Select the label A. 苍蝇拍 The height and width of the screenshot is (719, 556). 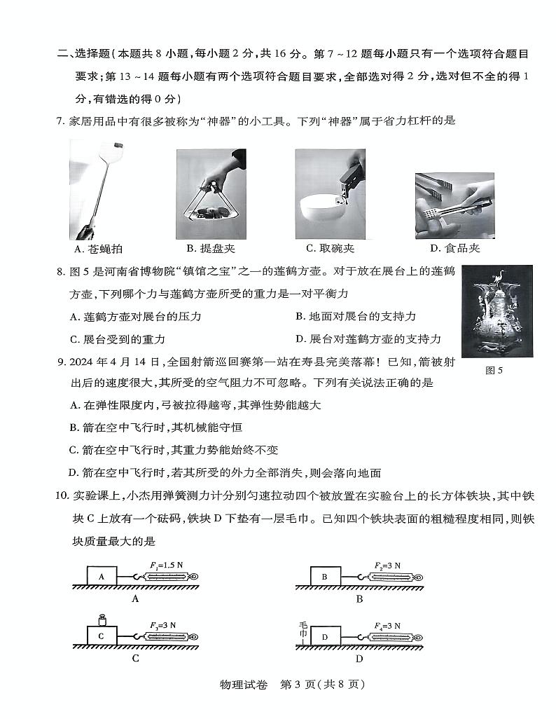102,249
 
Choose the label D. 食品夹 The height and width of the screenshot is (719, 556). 454,249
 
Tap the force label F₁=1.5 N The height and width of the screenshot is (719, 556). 167,565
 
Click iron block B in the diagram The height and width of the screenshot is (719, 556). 324,577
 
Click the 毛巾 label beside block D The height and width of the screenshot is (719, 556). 303,631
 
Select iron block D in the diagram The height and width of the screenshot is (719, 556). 324,636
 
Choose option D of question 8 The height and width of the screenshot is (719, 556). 368,339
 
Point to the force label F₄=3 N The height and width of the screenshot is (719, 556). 387,625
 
